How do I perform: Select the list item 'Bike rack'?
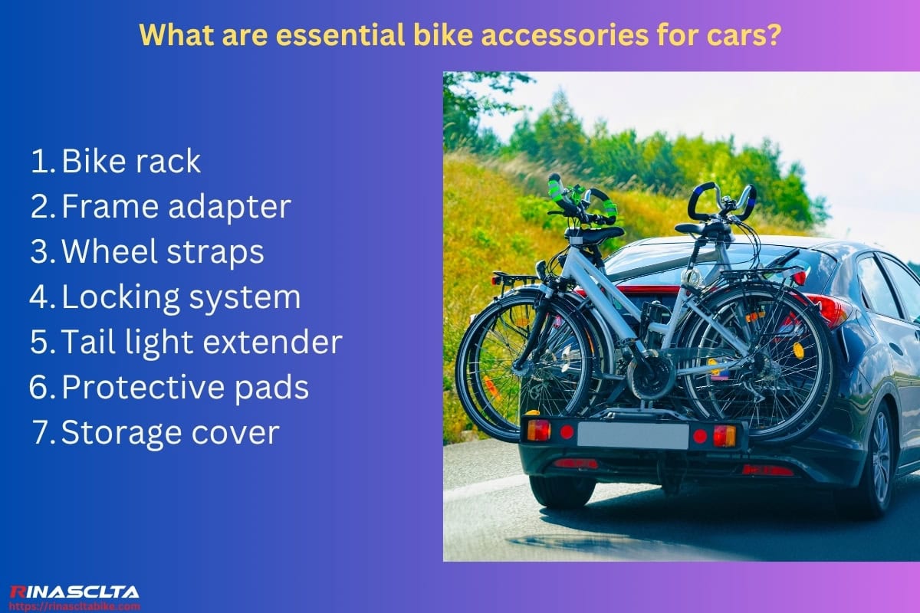[x=130, y=161]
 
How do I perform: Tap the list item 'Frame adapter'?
[x=176, y=207]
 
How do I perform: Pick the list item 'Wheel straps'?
[x=163, y=252]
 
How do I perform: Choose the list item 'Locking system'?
[x=180, y=297]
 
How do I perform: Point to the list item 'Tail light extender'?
[x=201, y=343]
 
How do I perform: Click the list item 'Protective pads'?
[x=185, y=388]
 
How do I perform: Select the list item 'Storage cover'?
[x=169, y=433]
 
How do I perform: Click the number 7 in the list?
[x=42, y=433]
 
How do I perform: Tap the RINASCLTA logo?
[x=74, y=592]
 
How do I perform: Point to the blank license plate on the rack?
[x=632, y=435]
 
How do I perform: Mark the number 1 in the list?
[x=41, y=161]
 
